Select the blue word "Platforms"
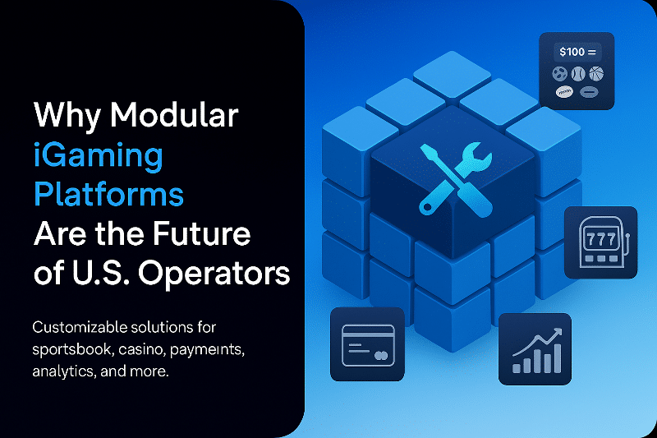108,195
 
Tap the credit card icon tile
367,344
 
